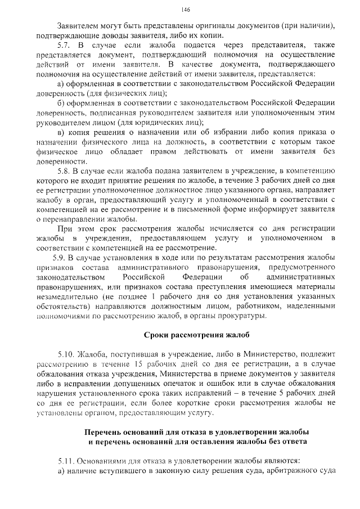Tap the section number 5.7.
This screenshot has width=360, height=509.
coord(64,44)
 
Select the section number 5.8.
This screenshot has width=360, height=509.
coord(64,169)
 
